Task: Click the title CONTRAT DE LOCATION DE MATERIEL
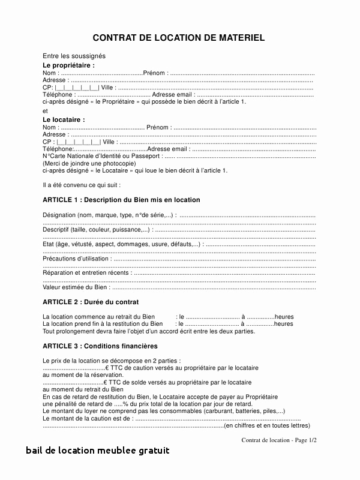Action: [x=179, y=38]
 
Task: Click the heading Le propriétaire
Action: [x=68, y=65]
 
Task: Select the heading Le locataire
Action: [x=64, y=119]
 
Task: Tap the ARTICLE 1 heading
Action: [x=121, y=200]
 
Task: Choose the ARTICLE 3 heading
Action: [x=100, y=346]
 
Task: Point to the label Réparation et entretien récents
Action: [x=87, y=273]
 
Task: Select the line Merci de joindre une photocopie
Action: [x=89, y=163]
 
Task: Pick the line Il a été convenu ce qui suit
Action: [x=82, y=185]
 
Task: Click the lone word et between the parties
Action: [x=45, y=111]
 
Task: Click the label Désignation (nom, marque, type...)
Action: [x=109, y=215]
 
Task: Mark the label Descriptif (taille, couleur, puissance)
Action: [x=97, y=229]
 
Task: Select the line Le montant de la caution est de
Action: [x=88, y=419]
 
